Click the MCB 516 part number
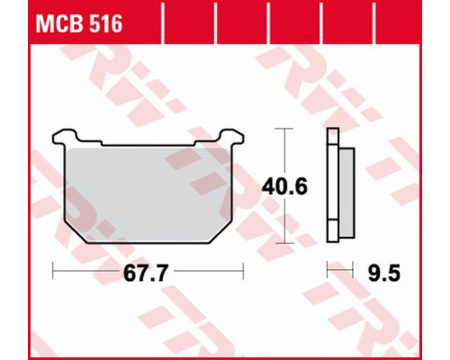[x=79, y=23]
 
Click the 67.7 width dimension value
[x=144, y=274]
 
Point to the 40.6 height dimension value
[x=284, y=186]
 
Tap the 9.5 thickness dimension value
[x=384, y=274]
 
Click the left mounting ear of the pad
[x=65, y=137]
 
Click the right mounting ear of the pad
[x=232, y=137]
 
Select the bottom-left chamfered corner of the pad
[x=75, y=232]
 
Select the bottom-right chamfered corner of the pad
[x=220, y=232]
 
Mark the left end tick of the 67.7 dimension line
[x=53, y=271]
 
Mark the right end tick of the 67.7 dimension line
[x=243, y=271]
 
